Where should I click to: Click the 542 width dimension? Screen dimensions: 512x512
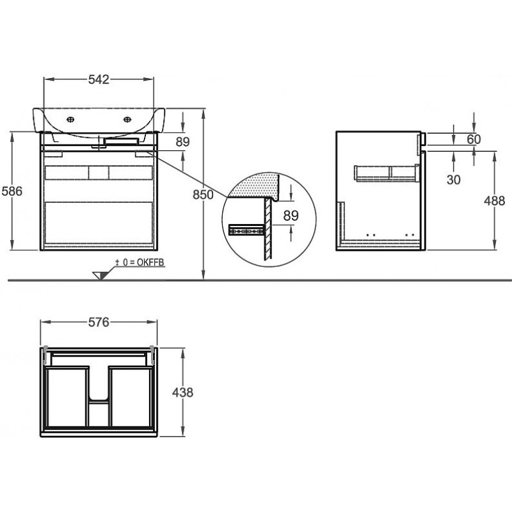(x=99, y=79)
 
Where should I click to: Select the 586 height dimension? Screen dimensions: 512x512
(x=12, y=191)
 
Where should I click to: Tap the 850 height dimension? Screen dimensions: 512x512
(x=203, y=195)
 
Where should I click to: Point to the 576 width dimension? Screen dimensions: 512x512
(x=99, y=323)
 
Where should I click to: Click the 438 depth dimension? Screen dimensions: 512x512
(x=182, y=392)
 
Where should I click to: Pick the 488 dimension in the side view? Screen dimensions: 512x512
(x=494, y=200)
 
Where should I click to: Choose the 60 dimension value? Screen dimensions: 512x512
(x=474, y=140)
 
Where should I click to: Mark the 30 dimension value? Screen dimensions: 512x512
(x=453, y=179)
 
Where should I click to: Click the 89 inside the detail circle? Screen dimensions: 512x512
(x=291, y=216)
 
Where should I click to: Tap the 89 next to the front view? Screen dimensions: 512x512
(x=182, y=142)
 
